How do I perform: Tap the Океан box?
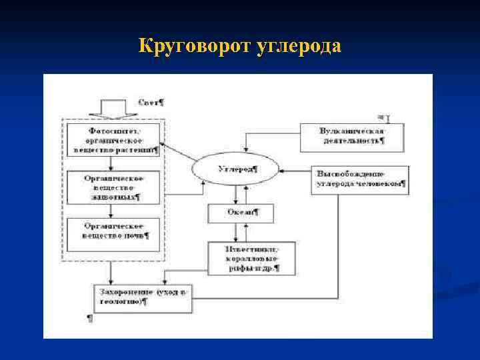(241, 213)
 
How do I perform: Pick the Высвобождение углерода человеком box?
(361, 179)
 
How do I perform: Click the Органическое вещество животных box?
(114, 187)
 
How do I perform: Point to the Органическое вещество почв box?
(114, 233)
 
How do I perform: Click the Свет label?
(153, 103)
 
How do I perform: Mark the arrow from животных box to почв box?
(113, 210)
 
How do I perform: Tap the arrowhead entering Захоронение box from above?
(113, 282)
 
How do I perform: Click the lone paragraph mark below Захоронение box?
(90, 319)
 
